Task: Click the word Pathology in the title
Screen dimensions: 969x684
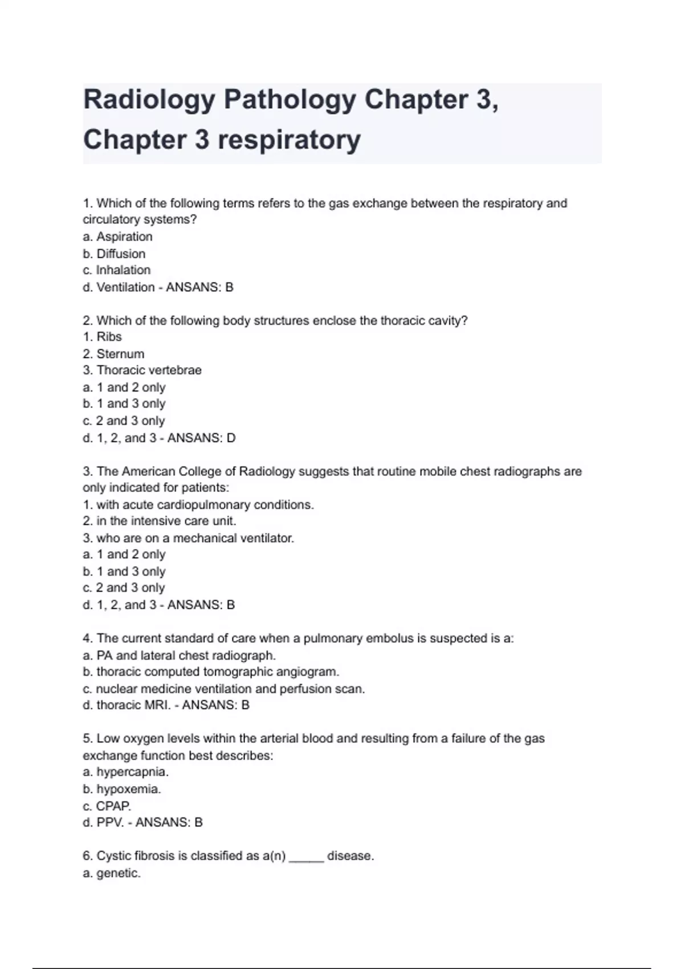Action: click(290, 100)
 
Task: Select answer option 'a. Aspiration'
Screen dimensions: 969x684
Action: click(117, 237)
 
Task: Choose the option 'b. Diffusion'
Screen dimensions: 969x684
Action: click(114, 254)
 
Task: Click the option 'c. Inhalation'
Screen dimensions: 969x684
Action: click(117, 270)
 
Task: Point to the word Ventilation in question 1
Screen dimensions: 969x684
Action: click(125, 287)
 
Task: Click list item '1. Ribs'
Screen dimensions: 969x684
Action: click(103, 337)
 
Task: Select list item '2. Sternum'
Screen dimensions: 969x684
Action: click(113, 354)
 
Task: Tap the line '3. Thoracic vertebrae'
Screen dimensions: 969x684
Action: click(142, 370)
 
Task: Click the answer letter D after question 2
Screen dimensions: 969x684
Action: click(231, 438)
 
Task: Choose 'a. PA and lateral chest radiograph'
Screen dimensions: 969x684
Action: click(179, 655)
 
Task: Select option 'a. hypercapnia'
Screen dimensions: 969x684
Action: click(125, 772)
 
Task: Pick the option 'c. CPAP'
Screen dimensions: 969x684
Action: click(107, 806)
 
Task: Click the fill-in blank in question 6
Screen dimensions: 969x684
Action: click(307, 857)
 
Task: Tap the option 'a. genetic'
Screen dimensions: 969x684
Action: click(111, 873)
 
